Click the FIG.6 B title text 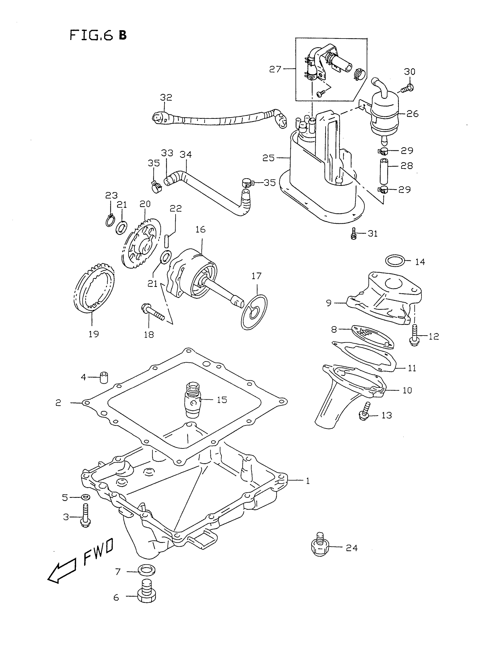(98, 36)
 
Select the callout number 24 (351, 548)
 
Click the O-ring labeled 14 (395, 260)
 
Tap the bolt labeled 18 (153, 312)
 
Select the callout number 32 (166, 97)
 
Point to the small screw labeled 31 (353, 234)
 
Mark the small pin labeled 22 (167, 240)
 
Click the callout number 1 (308, 481)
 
